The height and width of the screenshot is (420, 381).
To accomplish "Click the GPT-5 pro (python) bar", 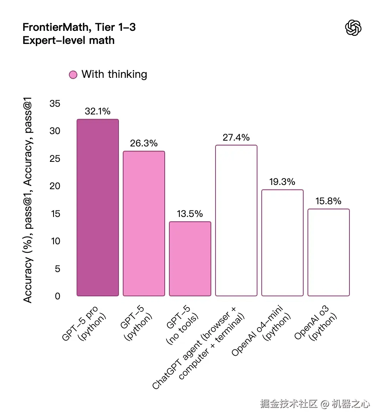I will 98,208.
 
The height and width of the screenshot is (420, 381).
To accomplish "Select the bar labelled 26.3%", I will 144,223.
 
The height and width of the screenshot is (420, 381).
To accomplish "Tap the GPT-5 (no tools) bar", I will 190,259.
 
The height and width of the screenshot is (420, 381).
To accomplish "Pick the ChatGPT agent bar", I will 236,220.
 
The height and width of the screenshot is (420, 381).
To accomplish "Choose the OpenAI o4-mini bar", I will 282,243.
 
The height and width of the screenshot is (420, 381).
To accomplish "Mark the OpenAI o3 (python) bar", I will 329,252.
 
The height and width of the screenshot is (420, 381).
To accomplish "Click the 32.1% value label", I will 98,111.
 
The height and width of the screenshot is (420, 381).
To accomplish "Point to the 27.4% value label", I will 236,137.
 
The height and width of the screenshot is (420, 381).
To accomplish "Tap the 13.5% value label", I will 190,214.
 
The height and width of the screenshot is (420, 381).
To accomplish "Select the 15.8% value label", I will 329,201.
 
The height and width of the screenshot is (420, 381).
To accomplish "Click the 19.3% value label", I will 282,181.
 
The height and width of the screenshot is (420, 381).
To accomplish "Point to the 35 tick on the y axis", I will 55,104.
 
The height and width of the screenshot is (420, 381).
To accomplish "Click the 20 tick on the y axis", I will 55,186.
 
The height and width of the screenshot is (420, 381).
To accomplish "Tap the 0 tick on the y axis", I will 58,296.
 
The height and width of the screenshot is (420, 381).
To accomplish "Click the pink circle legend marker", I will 73,75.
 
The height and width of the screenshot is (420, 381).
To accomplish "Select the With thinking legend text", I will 114,74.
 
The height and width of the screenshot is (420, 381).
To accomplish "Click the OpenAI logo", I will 353,28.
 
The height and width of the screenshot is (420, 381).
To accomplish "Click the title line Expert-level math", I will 69,40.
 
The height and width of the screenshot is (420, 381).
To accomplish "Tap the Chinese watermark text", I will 315,404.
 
